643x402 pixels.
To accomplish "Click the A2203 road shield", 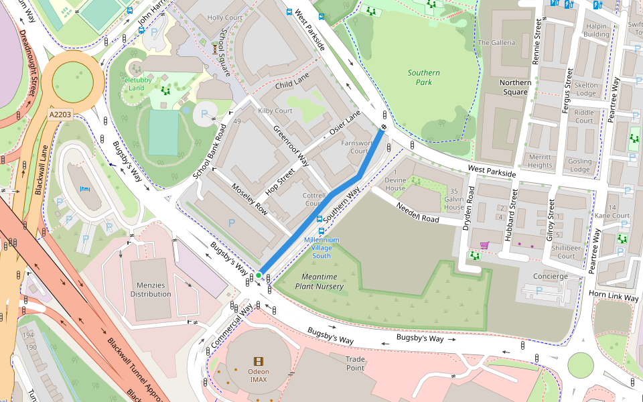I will [x=60, y=115].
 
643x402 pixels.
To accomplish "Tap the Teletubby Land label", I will [x=137, y=84].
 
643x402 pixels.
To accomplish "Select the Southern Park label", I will [x=424, y=77].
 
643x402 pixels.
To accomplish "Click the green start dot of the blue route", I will [x=259, y=275].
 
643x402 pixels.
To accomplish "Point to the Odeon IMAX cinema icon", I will [x=259, y=361].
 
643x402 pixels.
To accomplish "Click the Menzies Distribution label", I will [x=151, y=289].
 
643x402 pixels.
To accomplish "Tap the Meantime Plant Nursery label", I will [x=322, y=281].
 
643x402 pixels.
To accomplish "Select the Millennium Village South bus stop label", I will [x=321, y=247].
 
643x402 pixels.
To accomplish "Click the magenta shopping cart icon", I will [x=484, y=245].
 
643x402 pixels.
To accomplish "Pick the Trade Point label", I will [x=355, y=363].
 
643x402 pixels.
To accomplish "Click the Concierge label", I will [x=550, y=276].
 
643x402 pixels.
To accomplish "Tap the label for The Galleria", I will [x=496, y=43].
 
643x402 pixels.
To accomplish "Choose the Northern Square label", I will [x=515, y=87].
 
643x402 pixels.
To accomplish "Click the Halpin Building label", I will [x=596, y=30].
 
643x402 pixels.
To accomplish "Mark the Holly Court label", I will [x=224, y=17].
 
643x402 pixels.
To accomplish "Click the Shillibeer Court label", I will [x=566, y=251].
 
